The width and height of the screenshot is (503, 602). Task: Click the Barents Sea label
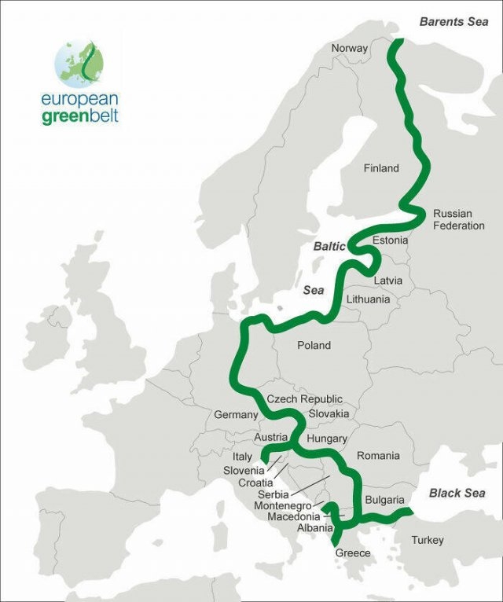[x=453, y=22]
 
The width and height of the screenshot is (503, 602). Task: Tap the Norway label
[x=349, y=48]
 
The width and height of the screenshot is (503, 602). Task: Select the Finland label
[x=381, y=168]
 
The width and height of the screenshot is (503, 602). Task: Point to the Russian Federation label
[x=459, y=219]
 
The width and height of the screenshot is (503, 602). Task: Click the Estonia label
[x=391, y=240]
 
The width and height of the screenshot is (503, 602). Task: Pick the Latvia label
[x=388, y=281]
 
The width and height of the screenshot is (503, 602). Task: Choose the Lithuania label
[x=368, y=299]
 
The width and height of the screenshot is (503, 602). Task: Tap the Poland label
[x=314, y=345]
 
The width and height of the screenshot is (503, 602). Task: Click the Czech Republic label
[x=304, y=399]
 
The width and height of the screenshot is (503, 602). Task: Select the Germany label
[x=236, y=414]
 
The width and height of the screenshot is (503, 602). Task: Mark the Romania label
[x=378, y=456]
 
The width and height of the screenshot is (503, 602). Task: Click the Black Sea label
[x=457, y=493]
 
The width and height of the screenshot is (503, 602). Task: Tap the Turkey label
[x=427, y=540]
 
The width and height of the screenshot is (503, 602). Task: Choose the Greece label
[x=353, y=553]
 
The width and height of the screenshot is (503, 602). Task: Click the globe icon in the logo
[x=78, y=62]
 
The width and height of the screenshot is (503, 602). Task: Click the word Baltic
[x=329, y=246]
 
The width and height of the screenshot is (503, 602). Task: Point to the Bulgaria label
[x=384, y=500]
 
